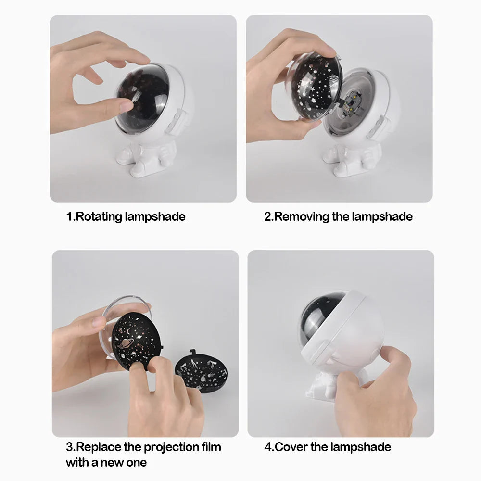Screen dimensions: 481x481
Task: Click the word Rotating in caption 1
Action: point(99,216)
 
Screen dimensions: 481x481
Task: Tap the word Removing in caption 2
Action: point(302,217)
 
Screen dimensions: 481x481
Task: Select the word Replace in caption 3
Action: point(99,447)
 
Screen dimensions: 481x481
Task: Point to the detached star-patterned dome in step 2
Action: point(315,88)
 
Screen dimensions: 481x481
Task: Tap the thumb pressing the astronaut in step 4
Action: point(390,359)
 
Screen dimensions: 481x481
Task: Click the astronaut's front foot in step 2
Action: point(344,168)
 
